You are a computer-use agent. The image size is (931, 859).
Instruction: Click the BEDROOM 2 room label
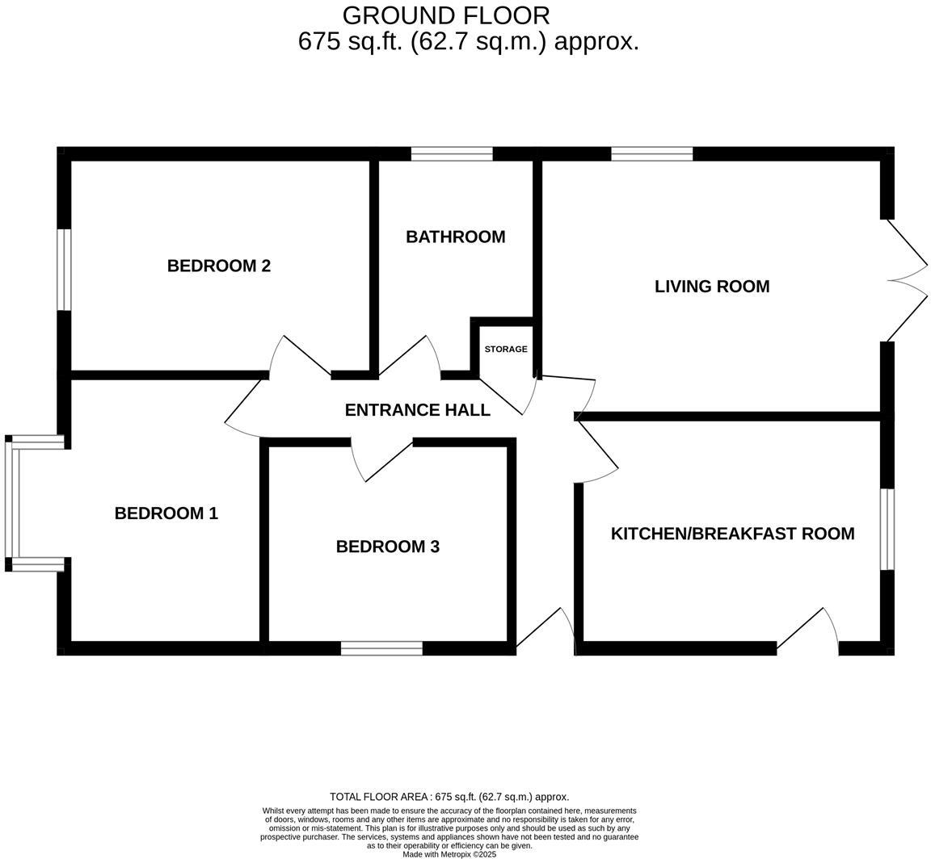click(218, 266)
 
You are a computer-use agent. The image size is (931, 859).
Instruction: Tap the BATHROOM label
click(455, 237)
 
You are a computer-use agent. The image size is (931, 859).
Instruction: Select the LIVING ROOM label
click(711, 287)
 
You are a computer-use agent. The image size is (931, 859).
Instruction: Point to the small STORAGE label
click(506, 350)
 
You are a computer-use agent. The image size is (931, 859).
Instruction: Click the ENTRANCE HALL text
click(417, 410)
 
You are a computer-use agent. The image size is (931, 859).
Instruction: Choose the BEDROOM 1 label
click(166, 513)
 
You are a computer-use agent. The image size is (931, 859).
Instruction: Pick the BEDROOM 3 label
click(387, 547)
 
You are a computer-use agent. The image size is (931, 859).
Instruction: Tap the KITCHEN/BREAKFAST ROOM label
click(732, 534)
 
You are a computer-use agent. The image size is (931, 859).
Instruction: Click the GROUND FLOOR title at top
click(445, 15)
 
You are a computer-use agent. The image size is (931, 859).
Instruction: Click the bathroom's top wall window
click(452, 154)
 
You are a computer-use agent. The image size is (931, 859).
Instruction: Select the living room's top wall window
click(651, 154)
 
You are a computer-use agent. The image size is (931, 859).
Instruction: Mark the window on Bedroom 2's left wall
click(64, 270)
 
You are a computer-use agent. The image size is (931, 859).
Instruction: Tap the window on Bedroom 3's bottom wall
click(381, 648)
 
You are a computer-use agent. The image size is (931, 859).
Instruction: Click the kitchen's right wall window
click(887, 529)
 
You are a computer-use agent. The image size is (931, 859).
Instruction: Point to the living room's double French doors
click(905, 280)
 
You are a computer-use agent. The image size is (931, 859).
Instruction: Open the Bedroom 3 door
click(381, 461)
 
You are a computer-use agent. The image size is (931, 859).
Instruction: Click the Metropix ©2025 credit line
click(449, 854)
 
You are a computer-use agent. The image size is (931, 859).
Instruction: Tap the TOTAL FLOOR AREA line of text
click(449, 797)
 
